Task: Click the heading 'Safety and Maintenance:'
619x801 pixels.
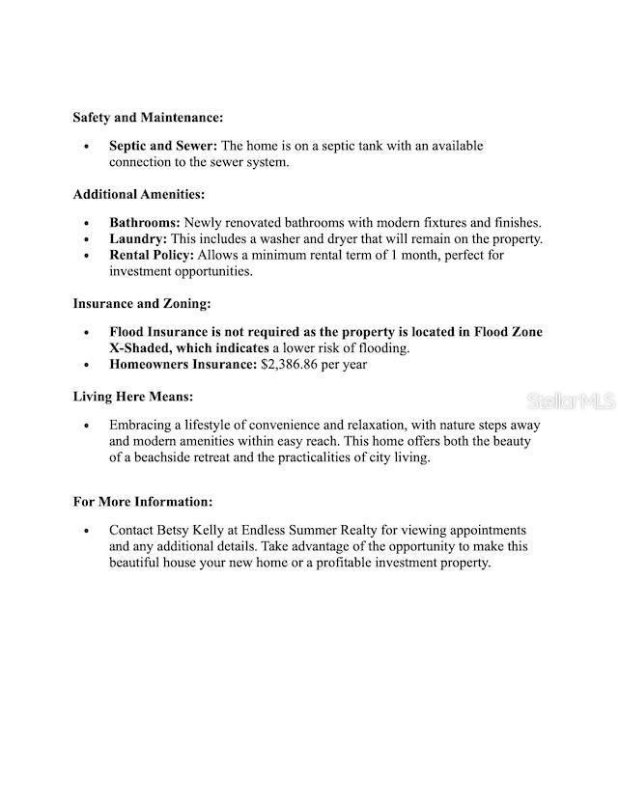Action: pos(148,118)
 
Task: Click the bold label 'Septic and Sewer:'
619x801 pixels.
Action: pos(162,146)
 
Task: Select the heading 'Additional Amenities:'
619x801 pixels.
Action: pos(139,194)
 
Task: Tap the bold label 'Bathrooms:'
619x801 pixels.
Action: pos(144,223)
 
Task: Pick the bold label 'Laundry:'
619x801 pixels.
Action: pos(138,238)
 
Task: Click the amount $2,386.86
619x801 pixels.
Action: pos(295,365)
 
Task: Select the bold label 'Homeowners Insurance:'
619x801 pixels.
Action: pos(183,365)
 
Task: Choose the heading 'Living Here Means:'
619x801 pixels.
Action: pos(132,397)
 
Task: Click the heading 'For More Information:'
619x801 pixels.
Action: pos(143,502)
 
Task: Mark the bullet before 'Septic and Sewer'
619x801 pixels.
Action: pos(86,147)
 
